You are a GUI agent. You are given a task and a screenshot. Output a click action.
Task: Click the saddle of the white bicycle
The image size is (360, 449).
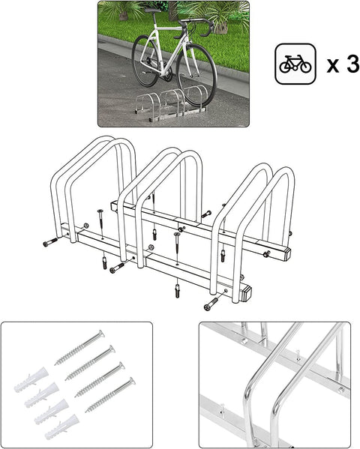[153, 11]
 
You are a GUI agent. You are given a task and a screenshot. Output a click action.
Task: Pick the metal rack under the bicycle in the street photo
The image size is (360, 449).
[171, 106]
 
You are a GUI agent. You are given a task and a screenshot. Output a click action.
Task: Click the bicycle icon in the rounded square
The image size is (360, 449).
[295, 64]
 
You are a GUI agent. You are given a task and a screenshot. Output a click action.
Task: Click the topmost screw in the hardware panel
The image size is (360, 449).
[79, 347]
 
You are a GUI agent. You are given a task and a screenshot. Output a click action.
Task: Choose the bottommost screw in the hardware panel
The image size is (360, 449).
[109, 395]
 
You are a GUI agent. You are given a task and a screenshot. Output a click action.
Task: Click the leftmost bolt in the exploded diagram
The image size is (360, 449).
[49, 241]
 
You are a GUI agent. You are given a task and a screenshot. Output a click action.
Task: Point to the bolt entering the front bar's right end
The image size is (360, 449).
[211, 303]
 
